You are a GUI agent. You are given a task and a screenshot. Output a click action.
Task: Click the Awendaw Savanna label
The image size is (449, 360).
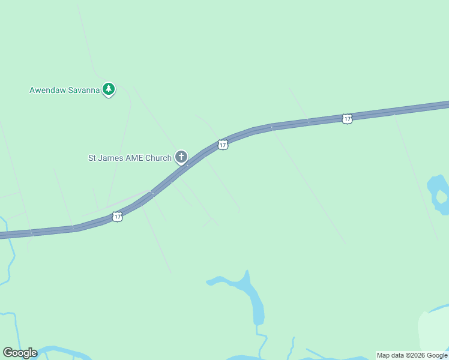click(x=64, y=91)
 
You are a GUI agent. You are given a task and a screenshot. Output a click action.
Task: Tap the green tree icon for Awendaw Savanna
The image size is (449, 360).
click(x=108, y=89)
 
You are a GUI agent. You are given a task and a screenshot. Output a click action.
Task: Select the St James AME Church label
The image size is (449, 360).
click(x=130, y=158)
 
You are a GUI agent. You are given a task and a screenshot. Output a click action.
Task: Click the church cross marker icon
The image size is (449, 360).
click(x=181, y=157)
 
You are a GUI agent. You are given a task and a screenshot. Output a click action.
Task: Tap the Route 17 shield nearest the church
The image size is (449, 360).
click(x=223, y=145)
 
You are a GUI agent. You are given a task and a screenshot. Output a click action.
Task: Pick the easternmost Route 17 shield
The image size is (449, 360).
click(x=347, y=119)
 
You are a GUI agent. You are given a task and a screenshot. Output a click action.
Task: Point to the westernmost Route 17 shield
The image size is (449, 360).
click(x=117, y=217)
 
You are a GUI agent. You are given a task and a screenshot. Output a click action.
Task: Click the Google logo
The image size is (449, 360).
click(x=20, y=353)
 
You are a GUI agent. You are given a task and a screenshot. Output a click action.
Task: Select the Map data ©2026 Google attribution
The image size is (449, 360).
click(x=412, y=355)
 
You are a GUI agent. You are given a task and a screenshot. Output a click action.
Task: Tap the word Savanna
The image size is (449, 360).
click(x=83, y=91)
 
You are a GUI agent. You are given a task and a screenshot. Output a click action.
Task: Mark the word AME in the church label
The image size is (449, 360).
click(x=133, y=158)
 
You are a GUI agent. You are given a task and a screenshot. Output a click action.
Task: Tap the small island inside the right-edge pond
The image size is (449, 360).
click(x=442, y=196)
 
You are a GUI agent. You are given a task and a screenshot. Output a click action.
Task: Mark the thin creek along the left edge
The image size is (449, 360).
click(x=10, y=264)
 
